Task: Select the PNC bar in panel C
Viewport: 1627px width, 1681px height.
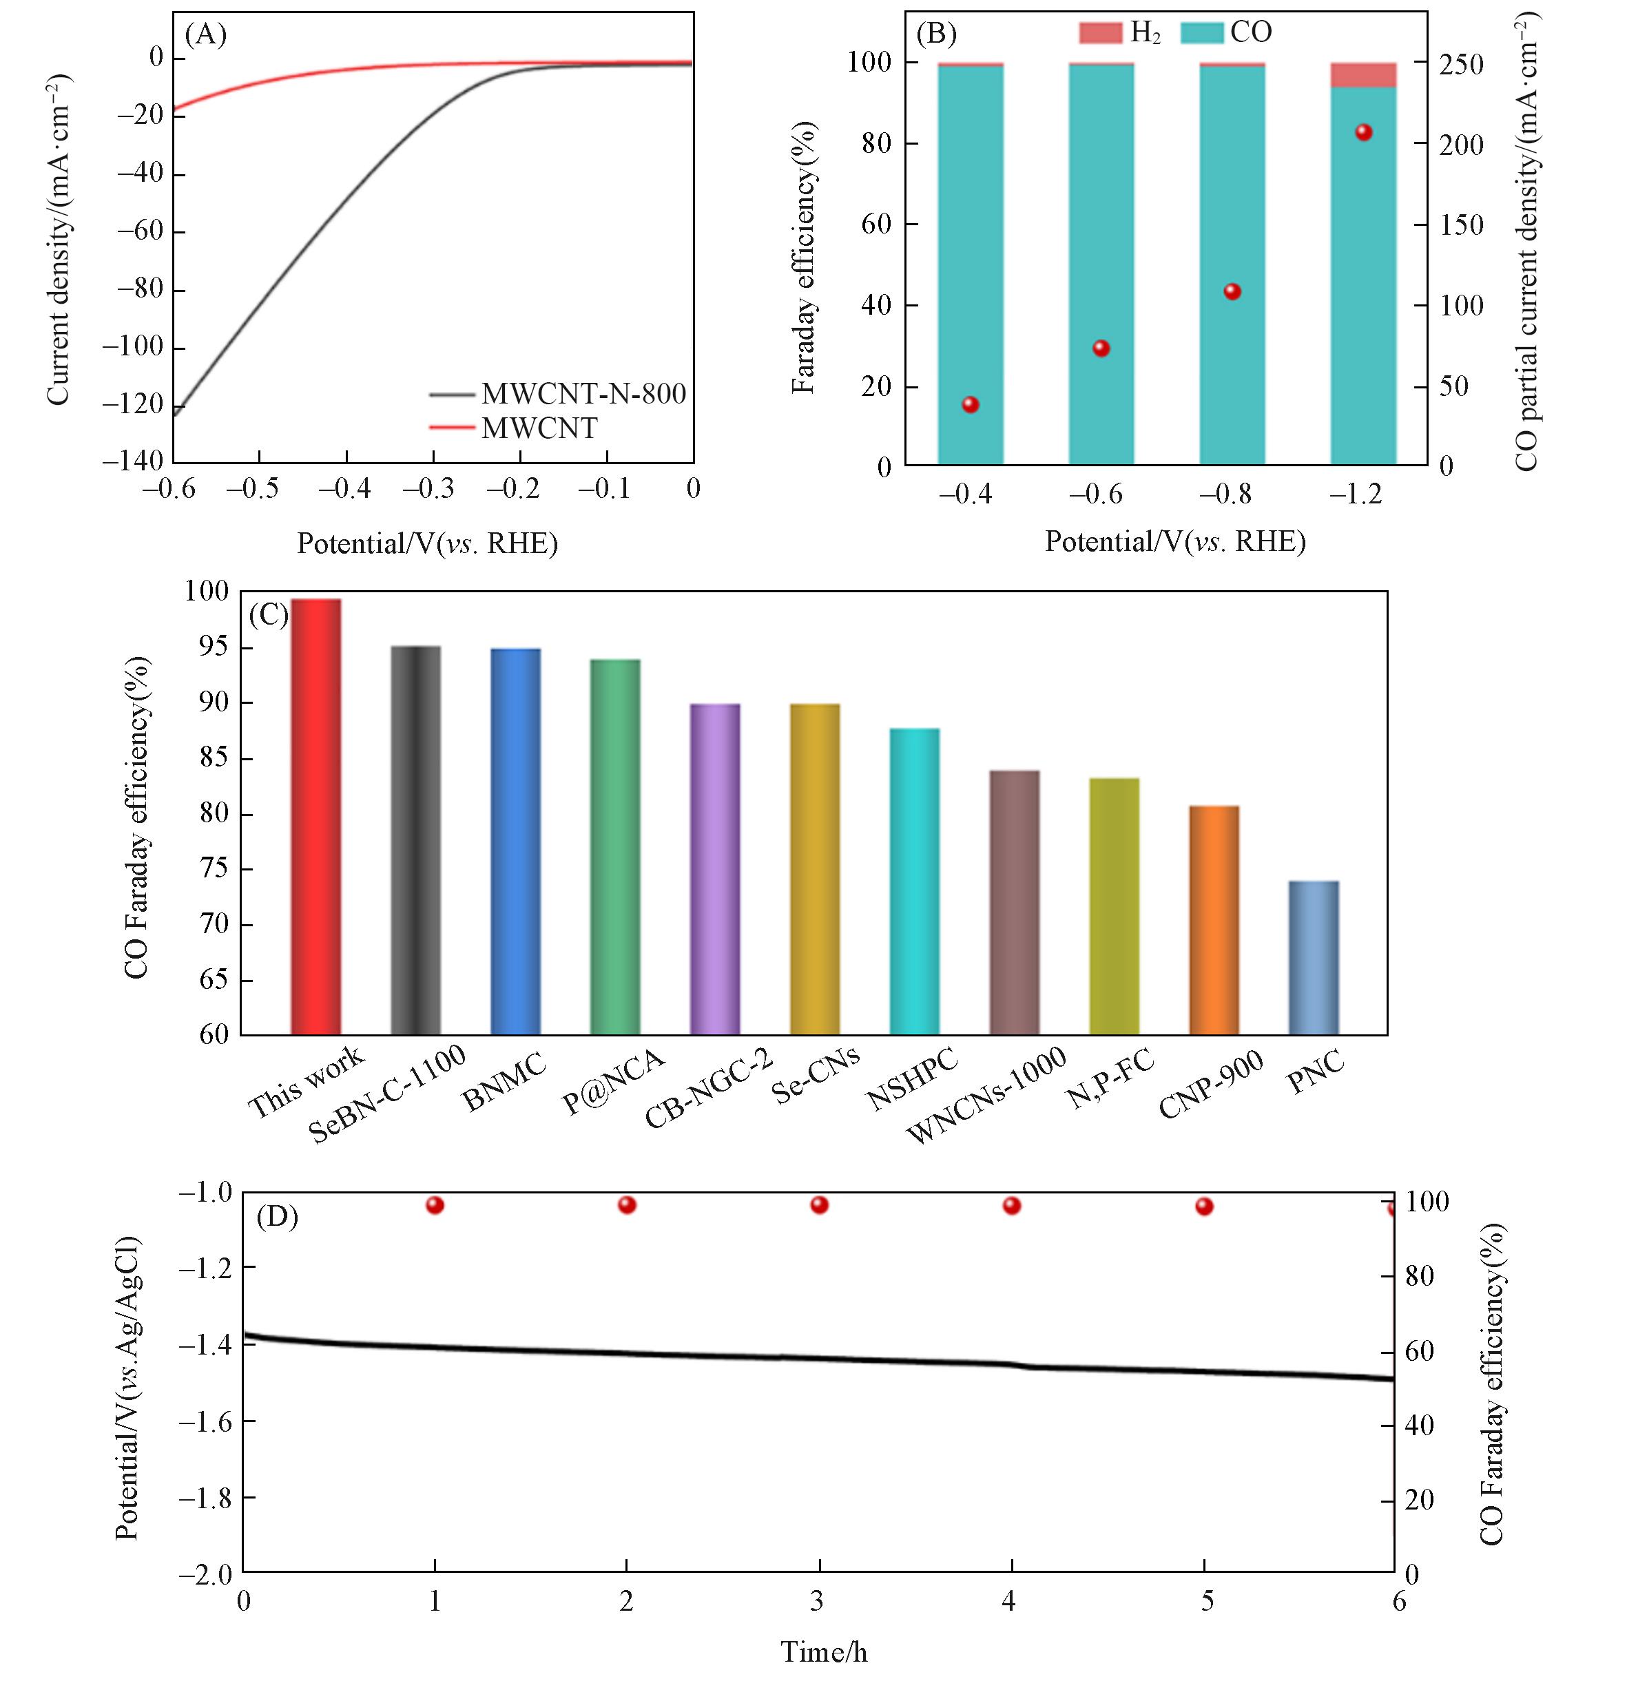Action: (x=1313, y=957)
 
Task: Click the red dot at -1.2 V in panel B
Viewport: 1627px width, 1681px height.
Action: (x=1363, y=132)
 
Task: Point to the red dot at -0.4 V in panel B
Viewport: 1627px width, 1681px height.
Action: (x=970, y=405)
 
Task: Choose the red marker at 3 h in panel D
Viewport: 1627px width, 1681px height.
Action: (x=819, y=1205)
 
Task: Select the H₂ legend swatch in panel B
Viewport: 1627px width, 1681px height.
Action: (x=1100, y=32)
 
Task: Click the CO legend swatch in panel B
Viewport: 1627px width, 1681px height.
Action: (x=1201, y=32)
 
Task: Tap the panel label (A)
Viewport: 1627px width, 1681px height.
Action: (x=206, y=34)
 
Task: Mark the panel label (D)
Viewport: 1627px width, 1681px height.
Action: (x=277, y=1217)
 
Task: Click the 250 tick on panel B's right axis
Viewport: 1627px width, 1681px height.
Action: (x=1460, y=64)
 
